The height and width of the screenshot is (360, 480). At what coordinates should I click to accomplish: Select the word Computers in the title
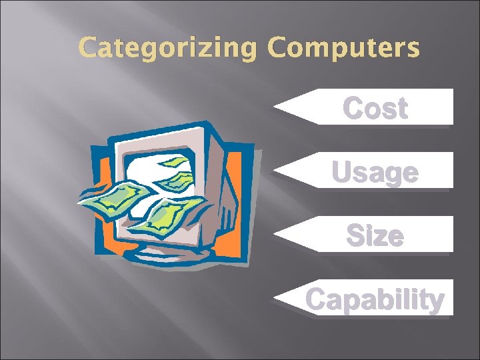point(345,47)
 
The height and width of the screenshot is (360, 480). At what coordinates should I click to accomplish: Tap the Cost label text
point(375,109)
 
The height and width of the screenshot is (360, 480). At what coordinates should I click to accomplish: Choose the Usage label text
point(375,172)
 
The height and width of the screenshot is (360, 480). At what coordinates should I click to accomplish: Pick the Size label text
point(375,235)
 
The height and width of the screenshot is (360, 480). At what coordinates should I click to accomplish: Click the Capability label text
point(375,299)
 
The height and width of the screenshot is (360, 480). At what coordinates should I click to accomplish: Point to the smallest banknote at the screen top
point(175,162)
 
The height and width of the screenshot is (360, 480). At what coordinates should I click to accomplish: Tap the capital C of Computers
point(278,47)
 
